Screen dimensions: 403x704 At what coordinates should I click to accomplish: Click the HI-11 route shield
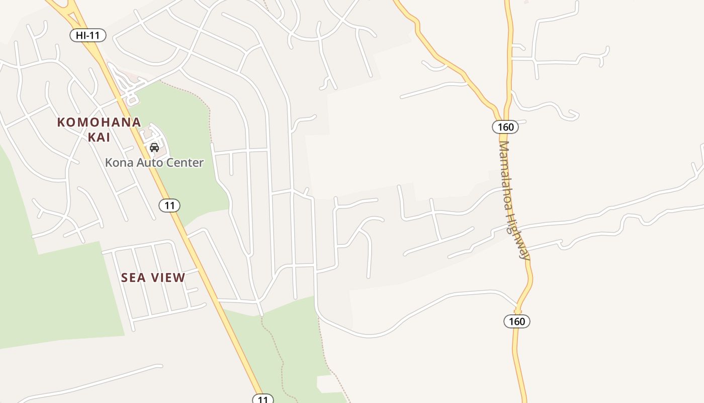click(x=87, y=35)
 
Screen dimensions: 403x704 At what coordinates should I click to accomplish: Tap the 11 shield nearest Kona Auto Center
click(x=169, y=206)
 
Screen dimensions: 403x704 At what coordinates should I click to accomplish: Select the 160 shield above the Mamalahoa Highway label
click(x=505, y=126)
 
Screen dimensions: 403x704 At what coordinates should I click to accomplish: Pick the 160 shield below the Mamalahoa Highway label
click(x=516, y=321)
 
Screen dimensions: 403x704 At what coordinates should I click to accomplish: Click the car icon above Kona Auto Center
click(x=154, y=148)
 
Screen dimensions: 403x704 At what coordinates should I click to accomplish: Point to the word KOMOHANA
click(x=99, y=122)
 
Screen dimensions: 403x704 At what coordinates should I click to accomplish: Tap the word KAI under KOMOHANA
click(x=99, y=137)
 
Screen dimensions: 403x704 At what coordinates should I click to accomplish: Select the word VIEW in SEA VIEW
click(x=168, y=278)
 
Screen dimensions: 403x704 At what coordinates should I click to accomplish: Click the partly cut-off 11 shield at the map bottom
click(x=262, y=399)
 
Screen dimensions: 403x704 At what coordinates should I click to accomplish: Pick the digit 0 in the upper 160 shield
click(x=511, y=126)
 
